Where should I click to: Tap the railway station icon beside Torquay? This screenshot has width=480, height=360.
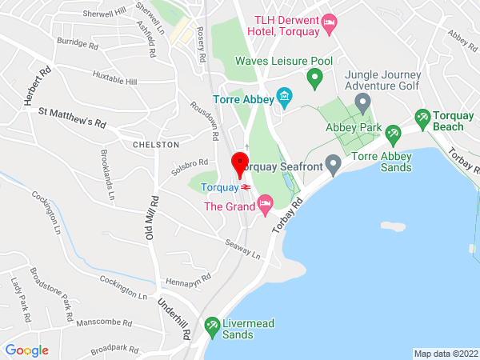(246, 187)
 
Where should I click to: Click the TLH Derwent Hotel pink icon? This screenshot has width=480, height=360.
(328, 26)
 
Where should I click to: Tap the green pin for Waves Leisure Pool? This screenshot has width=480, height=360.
(314, 78)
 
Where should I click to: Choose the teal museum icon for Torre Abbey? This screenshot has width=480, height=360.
(283, 99)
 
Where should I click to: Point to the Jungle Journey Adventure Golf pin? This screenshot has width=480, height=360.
(362, 102)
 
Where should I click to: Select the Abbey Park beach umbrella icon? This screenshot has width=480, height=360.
(392, 133)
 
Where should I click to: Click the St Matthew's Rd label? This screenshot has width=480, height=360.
(72, 118)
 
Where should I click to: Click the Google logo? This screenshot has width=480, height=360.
(26, 350)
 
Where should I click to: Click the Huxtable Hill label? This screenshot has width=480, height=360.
(114, 81)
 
